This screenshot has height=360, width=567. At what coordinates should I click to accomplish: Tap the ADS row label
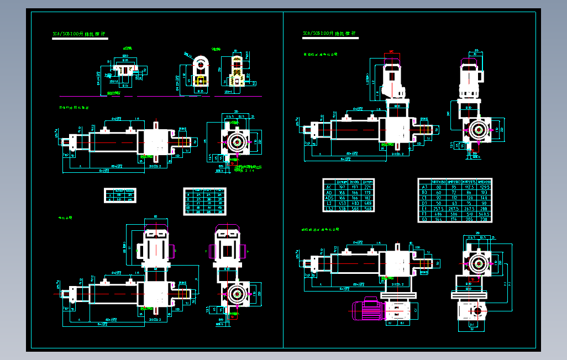(x=329, y=198)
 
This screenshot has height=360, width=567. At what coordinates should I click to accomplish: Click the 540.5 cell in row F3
(x=484, y=214)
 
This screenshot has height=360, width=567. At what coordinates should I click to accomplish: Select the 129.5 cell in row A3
(x=484, y=187)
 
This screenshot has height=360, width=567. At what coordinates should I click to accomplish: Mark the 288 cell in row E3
(x=484, y=209)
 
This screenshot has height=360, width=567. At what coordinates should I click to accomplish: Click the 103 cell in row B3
(x=484, y=192)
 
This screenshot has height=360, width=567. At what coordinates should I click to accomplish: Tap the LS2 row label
(x=329, y=209)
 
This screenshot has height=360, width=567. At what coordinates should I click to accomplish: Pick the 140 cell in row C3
(x=484, y=198)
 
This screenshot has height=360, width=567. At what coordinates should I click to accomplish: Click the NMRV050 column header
(x=439, y=181)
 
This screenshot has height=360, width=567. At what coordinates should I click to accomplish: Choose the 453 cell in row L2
(x=342, y=203)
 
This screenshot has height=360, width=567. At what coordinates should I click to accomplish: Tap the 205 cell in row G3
(x=469, y=219)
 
